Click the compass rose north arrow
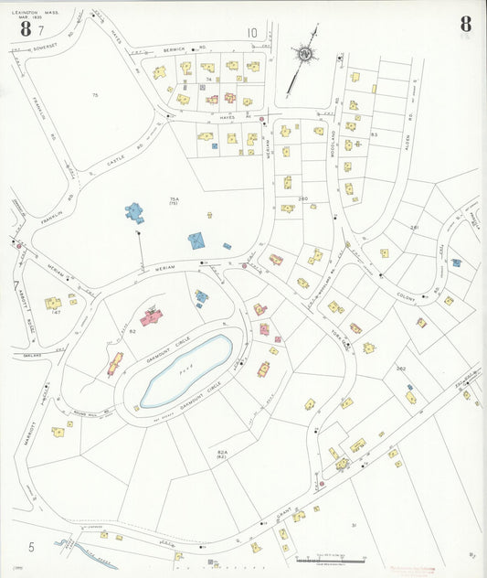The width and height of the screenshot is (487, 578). coord(304,55)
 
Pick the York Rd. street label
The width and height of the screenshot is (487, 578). coord(340,335)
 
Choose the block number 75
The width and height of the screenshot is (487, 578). coord(94,95)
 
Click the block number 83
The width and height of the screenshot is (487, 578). coord(374,134)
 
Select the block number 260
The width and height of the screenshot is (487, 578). coord(302,198)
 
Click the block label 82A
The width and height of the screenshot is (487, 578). coord(222,453)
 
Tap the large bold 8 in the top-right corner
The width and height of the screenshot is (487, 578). coord(466,25)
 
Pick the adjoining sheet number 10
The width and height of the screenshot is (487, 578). coord(251,34)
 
